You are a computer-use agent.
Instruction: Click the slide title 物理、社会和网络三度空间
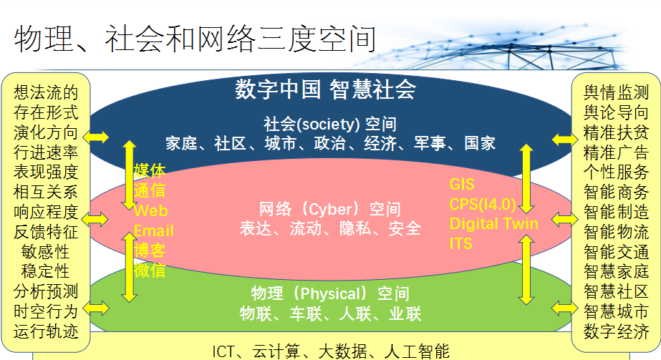point(195,39)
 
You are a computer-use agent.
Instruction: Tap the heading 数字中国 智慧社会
point(325,89)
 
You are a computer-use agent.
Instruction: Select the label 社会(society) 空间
point(330,124)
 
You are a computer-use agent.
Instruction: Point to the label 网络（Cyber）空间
point(329,209)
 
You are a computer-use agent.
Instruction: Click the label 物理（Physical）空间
point(330,293)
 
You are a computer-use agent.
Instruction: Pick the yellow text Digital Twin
point(493,223)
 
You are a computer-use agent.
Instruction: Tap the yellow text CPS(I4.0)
point(483,204)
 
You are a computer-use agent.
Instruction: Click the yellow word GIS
point(462,185)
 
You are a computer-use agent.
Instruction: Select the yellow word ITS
point(460,243)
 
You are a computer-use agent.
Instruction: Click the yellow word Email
point(153,230)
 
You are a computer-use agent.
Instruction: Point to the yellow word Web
point(151,210)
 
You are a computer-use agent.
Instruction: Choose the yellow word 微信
point(149,271)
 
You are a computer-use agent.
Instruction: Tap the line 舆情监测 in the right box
point(616,92)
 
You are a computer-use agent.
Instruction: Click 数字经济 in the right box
point(616,331)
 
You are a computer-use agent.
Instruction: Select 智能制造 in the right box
point(616,212)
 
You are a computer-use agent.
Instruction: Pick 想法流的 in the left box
point(46,92)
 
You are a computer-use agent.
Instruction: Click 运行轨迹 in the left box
point(46,331)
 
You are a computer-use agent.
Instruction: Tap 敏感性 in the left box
point(46,252)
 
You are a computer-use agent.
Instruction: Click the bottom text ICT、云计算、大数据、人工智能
point(331,351)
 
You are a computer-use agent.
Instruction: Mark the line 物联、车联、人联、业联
point(330,313)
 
